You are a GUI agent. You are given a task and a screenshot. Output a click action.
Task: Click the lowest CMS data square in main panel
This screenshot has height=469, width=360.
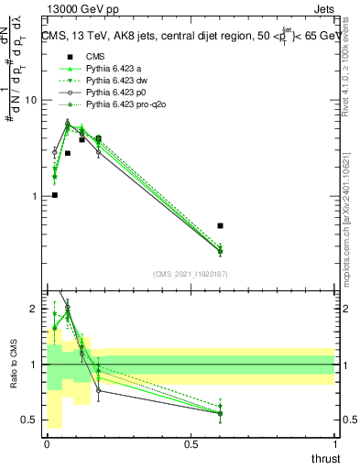click(55, 195)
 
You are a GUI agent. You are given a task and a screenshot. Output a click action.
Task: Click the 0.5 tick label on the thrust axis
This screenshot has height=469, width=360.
click(191, 444)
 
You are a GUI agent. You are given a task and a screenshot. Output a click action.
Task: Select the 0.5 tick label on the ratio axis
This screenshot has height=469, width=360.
click(29, 420)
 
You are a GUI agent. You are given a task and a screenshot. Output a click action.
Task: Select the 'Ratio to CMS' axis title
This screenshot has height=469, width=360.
click(12, 365)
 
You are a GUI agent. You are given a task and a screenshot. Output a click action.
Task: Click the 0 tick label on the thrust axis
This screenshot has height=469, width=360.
click(47, 444)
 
